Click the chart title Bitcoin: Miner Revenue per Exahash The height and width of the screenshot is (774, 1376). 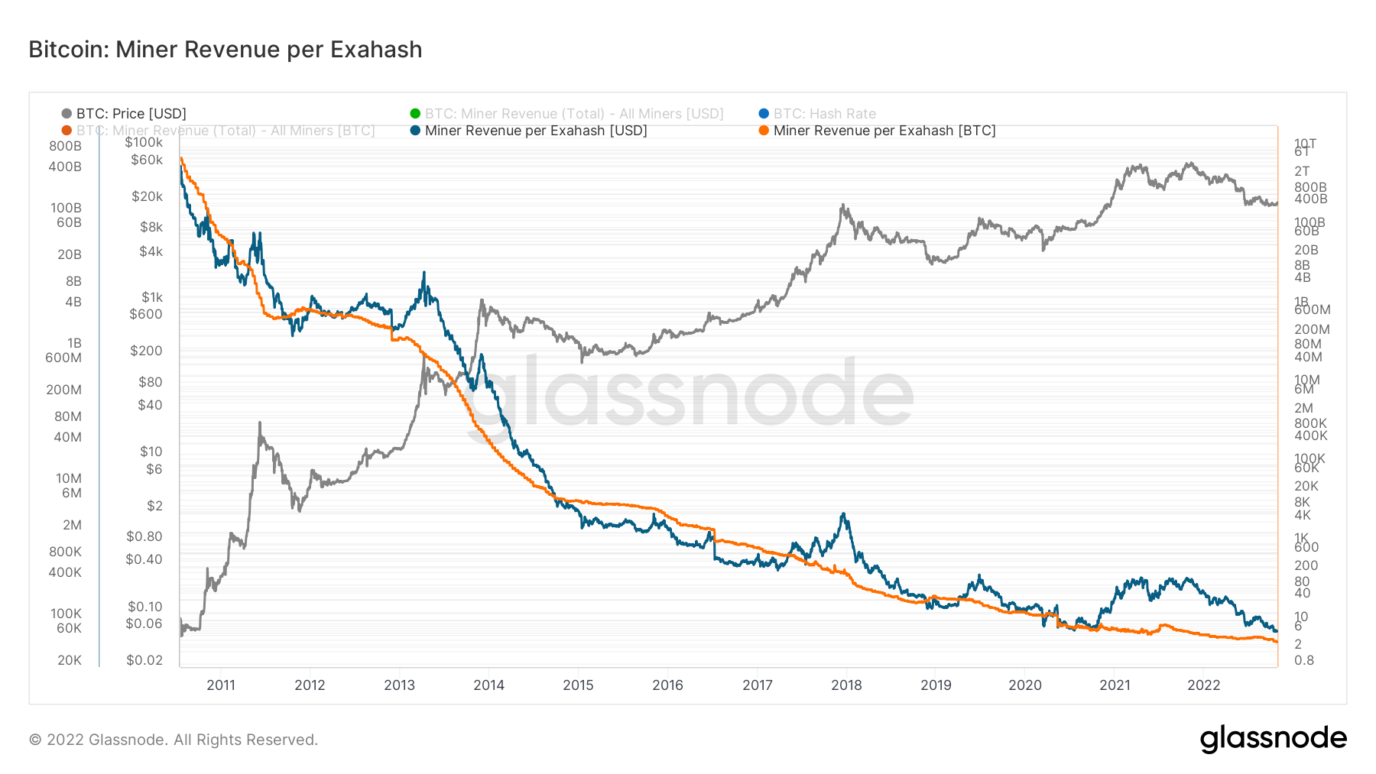pyautogui.click(x=226, y=50)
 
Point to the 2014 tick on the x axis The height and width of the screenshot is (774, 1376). pyautogui.click(x=488, y=685)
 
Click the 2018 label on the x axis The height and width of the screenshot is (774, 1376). pyautogui.click(x=846, y=685)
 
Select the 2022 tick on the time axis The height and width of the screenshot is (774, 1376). pyautogui.click(x=1203, y=685)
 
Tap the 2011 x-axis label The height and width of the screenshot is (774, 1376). pyautogui.click(x=221, y=685)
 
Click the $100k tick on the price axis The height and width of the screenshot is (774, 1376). pyautogui.click(x=144, y=142)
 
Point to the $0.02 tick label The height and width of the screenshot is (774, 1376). pyautogui.click(x=144, y=660)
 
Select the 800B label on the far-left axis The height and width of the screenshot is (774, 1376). pyautogui.click(x=65, y=146)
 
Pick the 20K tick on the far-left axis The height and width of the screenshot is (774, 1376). pyautogui.click(x=69, y=660)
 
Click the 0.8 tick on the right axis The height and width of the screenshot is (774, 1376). pyautogui.click(x=1304, y=660)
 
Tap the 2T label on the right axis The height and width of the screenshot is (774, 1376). pyautogui.click(x=1302, y=171)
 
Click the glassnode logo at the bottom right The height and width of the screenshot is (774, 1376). pyautogui.click(x=1273, y=739)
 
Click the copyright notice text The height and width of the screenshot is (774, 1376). pyautogui.click(x=174, y=740)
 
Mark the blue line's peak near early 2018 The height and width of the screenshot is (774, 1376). pyautogui.click(x=842, y=514)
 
